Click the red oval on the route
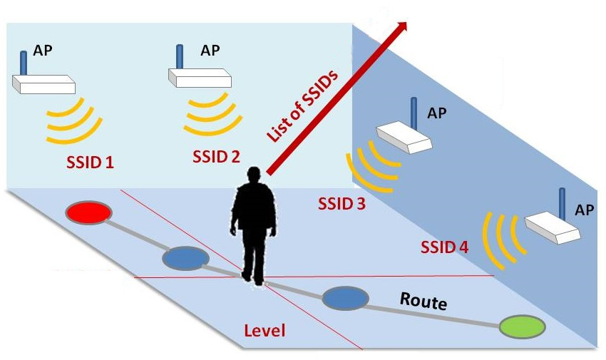coord(88,212)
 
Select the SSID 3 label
coord(341,205)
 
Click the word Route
coord(423,301)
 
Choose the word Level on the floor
coord(265,331)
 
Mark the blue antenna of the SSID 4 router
coord(562,201)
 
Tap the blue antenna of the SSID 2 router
coord(179,56)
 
